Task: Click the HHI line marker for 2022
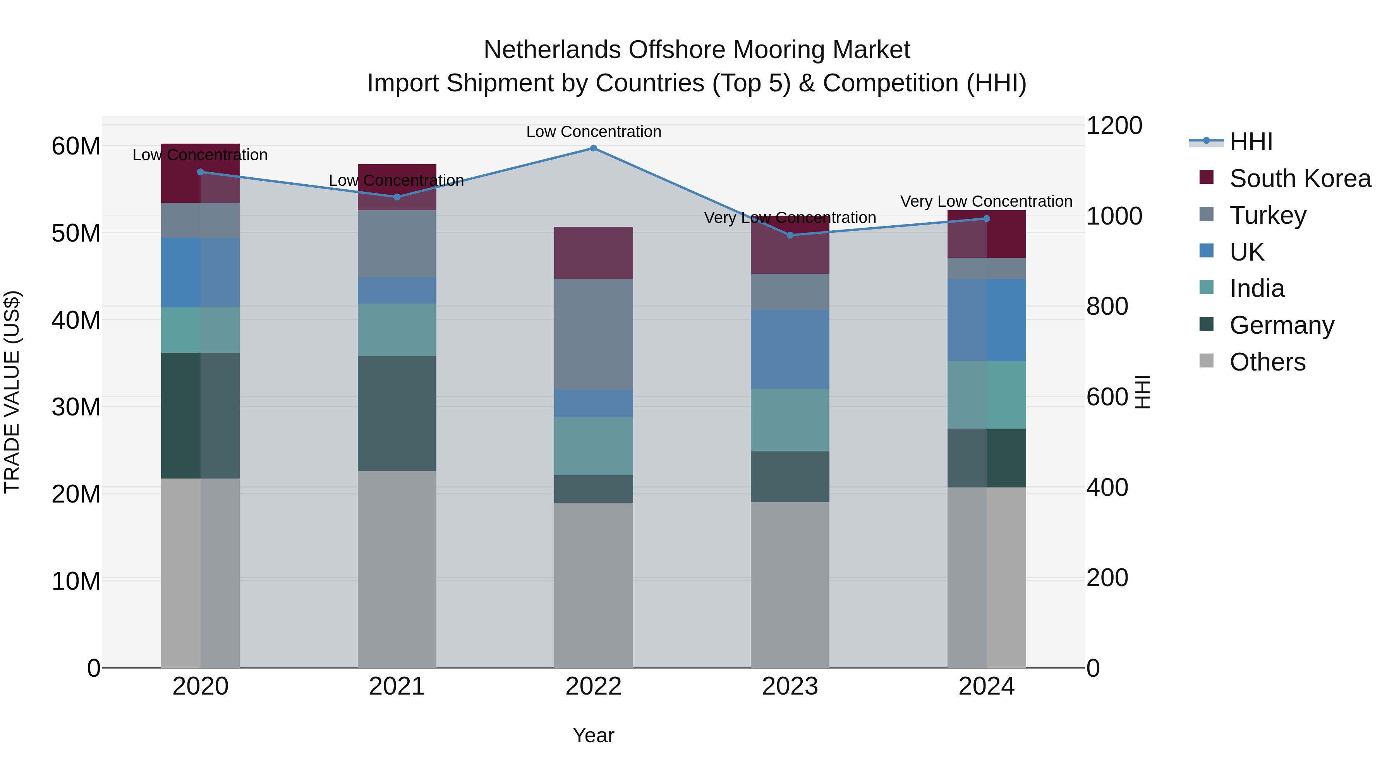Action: click(x=593, y=148)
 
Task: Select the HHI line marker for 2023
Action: click(x=790, y=235)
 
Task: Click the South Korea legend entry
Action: click(x=1300, y=178)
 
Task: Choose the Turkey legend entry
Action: click(x=1267, y=215)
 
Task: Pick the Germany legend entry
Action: click(x=1281, y=325)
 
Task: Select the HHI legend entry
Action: click(x=1251, y=142)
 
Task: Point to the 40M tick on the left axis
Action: click(x=76, y=320)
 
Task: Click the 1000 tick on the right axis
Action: click(x=1114, y=216)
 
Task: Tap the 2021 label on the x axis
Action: click(x=397, y=686)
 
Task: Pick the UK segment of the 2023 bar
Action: click(x=790, y=349)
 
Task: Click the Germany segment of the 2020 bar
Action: click(x=200, y=415)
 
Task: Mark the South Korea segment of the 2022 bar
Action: click(x=593, y=253)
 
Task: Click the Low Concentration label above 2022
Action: click(x=593, y=132)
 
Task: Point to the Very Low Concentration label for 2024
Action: click(x=986, y=201)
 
